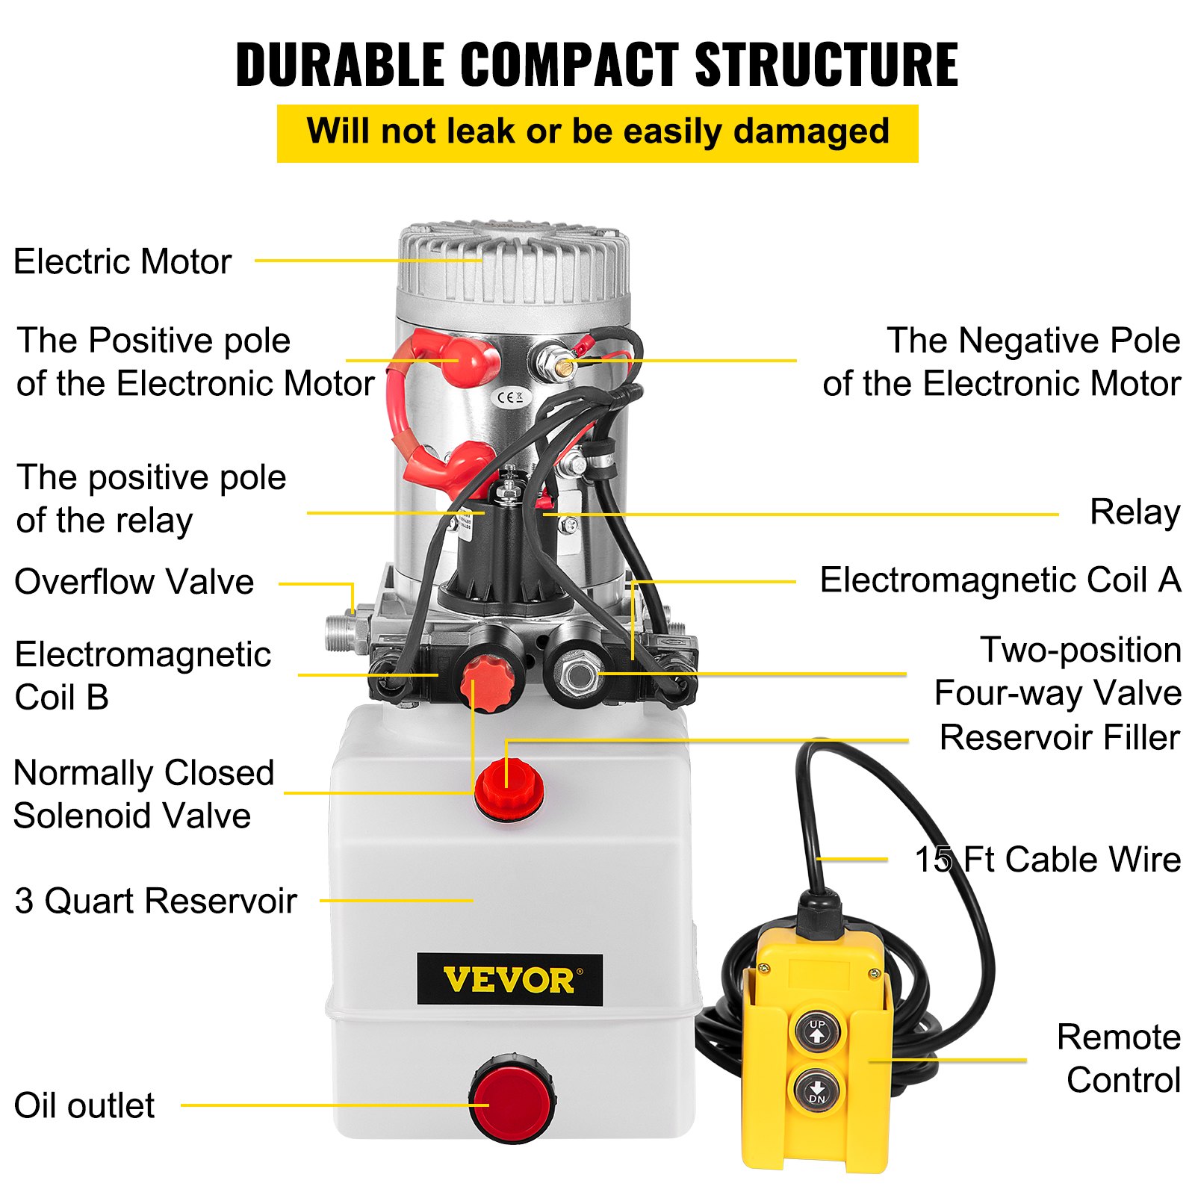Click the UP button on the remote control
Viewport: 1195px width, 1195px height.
(x=816, y=1031)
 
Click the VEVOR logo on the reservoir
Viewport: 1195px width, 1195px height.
(x=509, y=979)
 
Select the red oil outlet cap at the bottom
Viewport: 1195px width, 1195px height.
(x=512, y=1100)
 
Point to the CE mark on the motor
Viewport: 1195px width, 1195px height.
(x=510, y=397)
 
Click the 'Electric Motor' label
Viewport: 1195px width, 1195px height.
(x=122, y=262)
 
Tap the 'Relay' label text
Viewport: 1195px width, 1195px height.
(x=1135, y=512)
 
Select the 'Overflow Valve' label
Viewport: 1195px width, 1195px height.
(x=134, y=582)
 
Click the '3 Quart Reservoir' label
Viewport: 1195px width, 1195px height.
(x=155, y=901)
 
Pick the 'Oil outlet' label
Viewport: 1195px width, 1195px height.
(x=84, y=1105)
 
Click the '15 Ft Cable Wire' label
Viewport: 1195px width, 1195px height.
(x=1047, y=860)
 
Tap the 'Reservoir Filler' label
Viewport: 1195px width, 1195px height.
(x=1059, y=738)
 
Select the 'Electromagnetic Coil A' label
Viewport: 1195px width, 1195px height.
(x=1000, y=580)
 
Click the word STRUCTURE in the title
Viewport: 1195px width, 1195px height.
(x=826, y=65)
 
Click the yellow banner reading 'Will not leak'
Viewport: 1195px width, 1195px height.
(x=597, y=133)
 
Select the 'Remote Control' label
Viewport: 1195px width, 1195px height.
(x=1118, y=1058)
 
